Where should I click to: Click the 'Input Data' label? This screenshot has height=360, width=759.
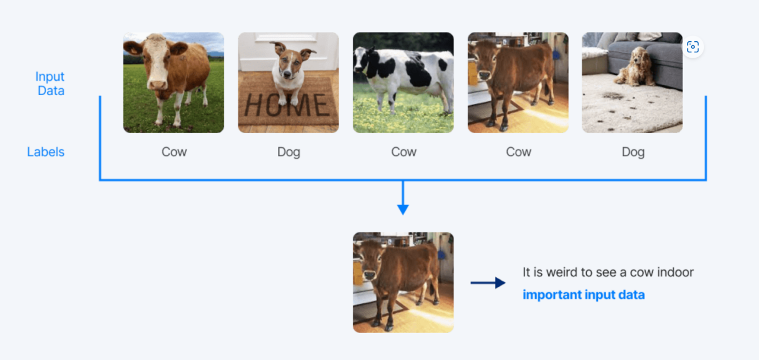point(50,83)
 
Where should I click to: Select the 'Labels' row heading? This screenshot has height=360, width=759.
point(46,152)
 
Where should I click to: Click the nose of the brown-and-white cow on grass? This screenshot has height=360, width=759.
point(157,85)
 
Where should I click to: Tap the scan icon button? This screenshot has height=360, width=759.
point(692,47)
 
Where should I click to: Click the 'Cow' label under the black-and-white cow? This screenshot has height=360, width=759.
point(403,152)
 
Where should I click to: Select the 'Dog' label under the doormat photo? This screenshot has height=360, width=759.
point(289,152)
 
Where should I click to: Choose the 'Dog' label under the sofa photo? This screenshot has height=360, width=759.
point(633,152)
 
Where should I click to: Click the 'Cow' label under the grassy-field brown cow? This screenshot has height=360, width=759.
point(174,152)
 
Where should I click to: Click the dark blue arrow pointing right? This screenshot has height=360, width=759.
point(488,283)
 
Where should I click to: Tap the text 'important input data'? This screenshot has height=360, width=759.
point(583,294)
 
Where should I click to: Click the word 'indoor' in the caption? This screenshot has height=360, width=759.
point(676,272)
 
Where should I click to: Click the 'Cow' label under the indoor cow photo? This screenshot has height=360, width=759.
point(518,152)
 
